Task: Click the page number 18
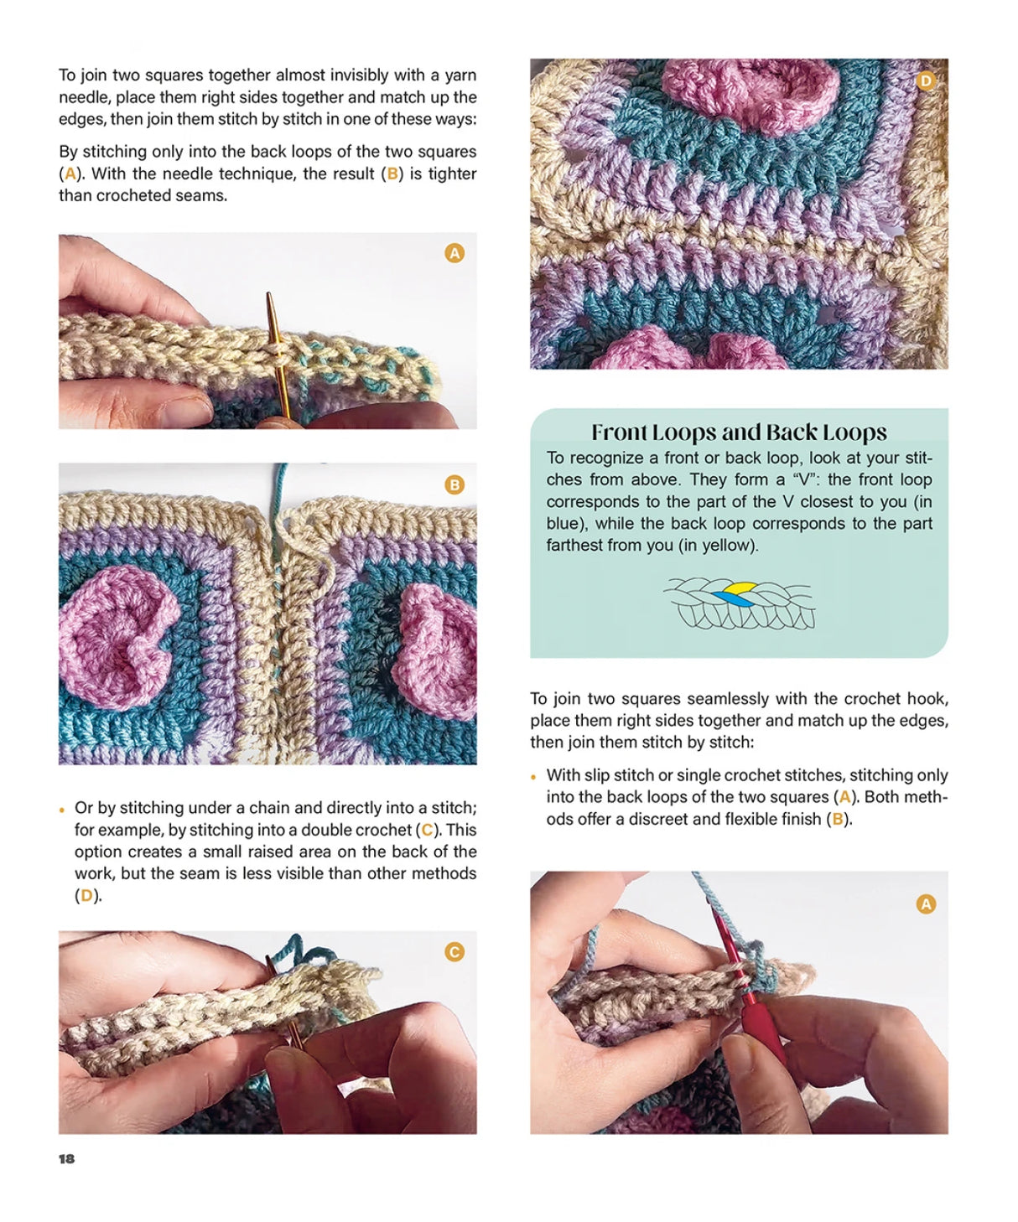click(66, 1158)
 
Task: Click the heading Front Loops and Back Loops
click(739, 432)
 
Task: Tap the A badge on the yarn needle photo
click(454, 253)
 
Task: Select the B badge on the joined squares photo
click(454, 484)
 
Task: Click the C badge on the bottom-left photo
click(454, 951)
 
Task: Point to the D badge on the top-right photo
click(925, 80)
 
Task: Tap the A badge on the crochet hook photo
click(925, 904)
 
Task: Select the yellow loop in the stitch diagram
click(740, 588)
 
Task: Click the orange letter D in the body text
click(86, 895)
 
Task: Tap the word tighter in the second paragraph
click(452, 173)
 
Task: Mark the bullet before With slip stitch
click(533, 777)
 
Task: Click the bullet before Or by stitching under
click(62, 810)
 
